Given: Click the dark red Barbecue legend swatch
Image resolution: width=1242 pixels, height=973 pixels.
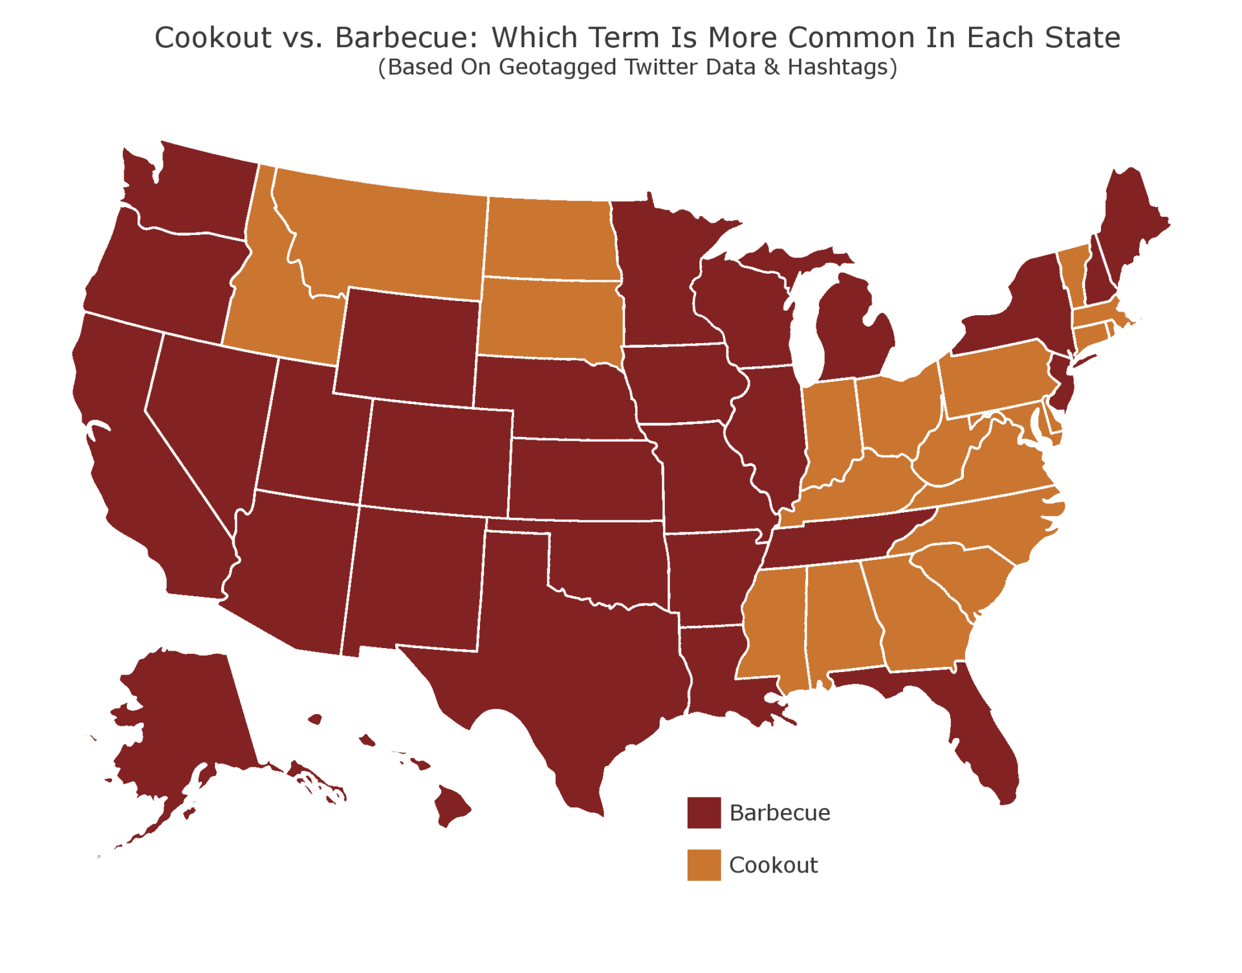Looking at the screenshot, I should click(704, 812).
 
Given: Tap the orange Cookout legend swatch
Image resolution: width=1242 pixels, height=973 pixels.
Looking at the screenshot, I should click(704, 865).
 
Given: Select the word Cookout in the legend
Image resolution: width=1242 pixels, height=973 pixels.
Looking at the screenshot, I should click(773, 866).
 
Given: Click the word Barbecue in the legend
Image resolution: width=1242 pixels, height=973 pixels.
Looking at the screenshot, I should click(779, 813).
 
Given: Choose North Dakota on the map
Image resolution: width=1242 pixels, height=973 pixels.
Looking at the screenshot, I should click(550, 240).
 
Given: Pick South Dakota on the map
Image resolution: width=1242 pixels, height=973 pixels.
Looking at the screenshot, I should click(550, 317).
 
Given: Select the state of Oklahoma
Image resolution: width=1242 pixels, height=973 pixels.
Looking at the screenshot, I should click(615, 557).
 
